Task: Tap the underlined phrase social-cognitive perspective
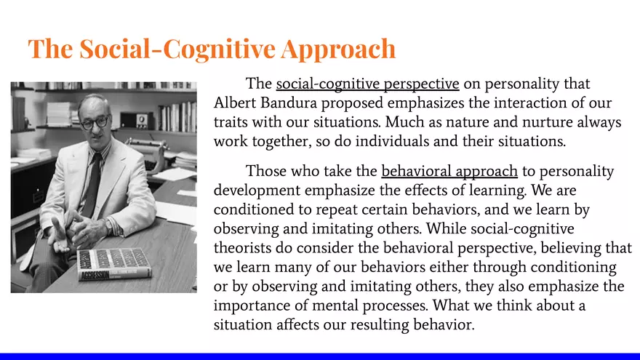pyautogui.click(x=367, y=84)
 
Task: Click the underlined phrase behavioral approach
pyautogui.click(x=449, y=172)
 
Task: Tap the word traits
pyautogui.click(x=233, y=121)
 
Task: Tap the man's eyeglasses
pyautogui.click(x=93, y=122)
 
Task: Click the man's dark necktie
pyautogui.click(x=94, y=182)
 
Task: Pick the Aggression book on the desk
pyautogui.click(x=113, y=263)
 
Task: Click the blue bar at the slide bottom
pyautogui.click(x=320, y=356)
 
